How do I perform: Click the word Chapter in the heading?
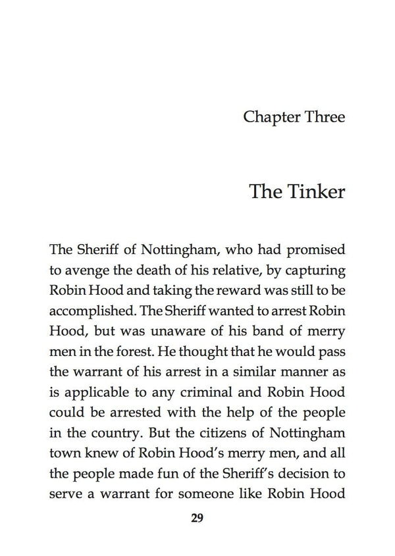click(269, 117)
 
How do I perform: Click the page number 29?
click(197, 518)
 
